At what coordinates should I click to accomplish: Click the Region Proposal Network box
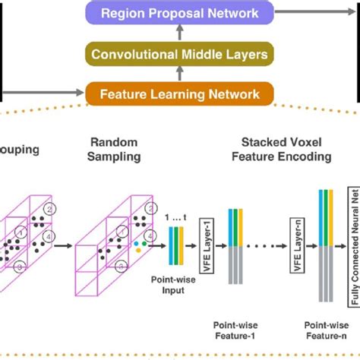tap(180, 13)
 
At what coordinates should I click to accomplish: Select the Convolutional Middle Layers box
tap(180, 54)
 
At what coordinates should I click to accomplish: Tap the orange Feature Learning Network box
tap(180, 94)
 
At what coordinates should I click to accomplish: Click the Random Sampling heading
tap(115, 149)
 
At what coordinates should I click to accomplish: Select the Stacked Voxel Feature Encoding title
tap(286, 149)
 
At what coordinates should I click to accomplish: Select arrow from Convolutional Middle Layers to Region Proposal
tap(180, 33)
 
